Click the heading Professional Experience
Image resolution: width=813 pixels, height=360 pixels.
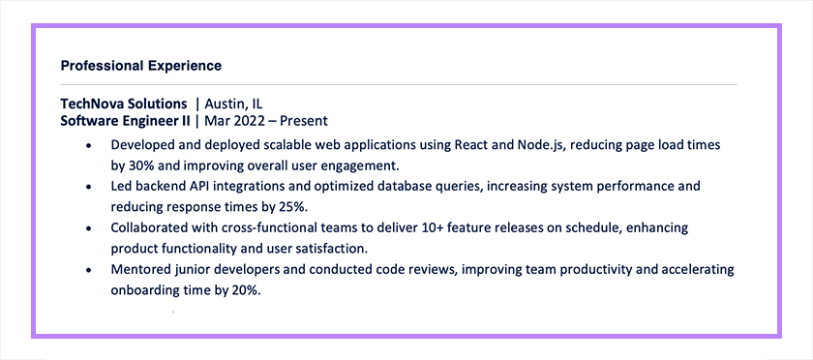coord(140,66)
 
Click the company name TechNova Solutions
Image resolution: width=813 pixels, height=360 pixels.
coord(124,104)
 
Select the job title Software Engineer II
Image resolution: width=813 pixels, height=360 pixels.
coord(125,121)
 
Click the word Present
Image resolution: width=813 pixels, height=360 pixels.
coord(302,121)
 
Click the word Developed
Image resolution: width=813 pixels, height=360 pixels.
coord(145,145)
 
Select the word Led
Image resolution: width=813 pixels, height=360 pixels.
coord(122,186)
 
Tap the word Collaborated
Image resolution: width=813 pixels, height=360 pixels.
coord(151,227)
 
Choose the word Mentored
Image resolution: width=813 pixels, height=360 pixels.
coord(141,269)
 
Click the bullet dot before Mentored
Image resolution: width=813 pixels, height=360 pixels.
coord(88,270)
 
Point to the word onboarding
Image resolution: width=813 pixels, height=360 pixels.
coord(148,290)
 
